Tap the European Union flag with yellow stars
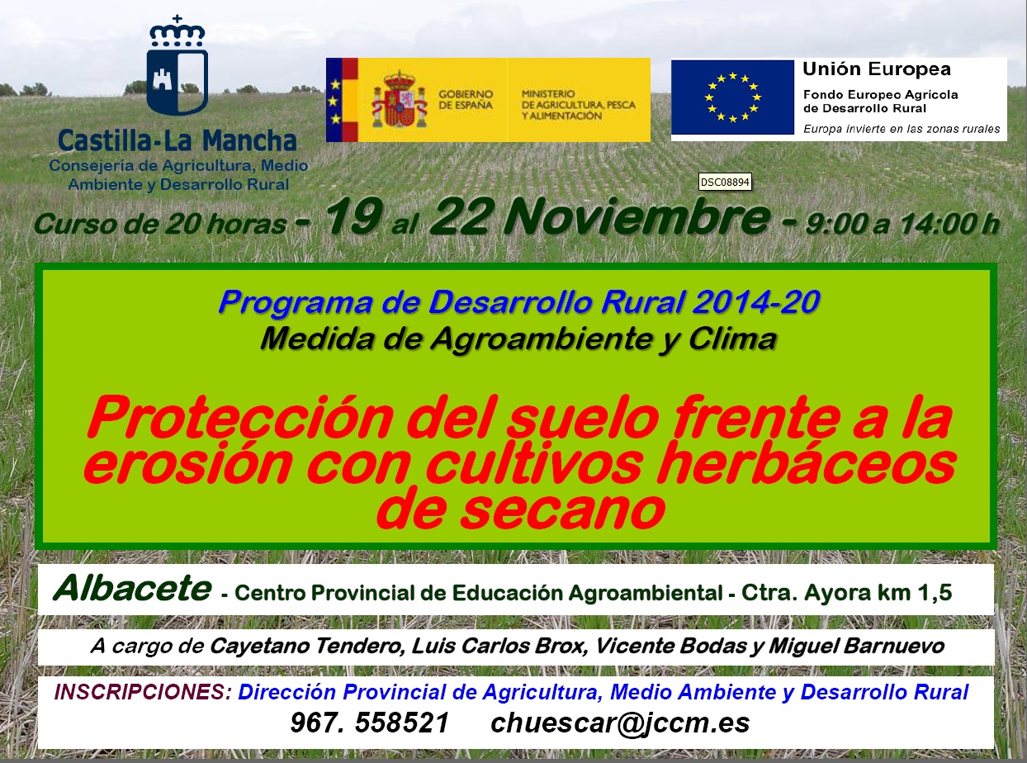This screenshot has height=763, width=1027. point(732,97)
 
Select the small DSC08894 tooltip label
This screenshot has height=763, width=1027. point(725,182)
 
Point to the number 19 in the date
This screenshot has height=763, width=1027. point(354,216)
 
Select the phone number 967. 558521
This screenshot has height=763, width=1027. point(370,723)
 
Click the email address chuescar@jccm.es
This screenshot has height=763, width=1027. point(620,723)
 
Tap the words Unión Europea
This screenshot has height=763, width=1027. point(877,69)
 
